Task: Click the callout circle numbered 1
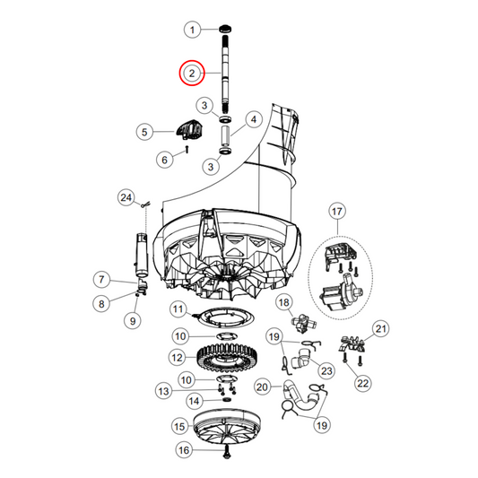pos(191,30)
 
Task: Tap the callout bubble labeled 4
pos(253,119)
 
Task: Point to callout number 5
pos(143,132)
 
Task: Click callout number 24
pos(126,196)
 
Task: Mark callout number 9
pos(133,321)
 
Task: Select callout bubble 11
pos(178,311)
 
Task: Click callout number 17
pos(337,213)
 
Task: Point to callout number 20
pos(263,387)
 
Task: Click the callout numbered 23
pos(325,370)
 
